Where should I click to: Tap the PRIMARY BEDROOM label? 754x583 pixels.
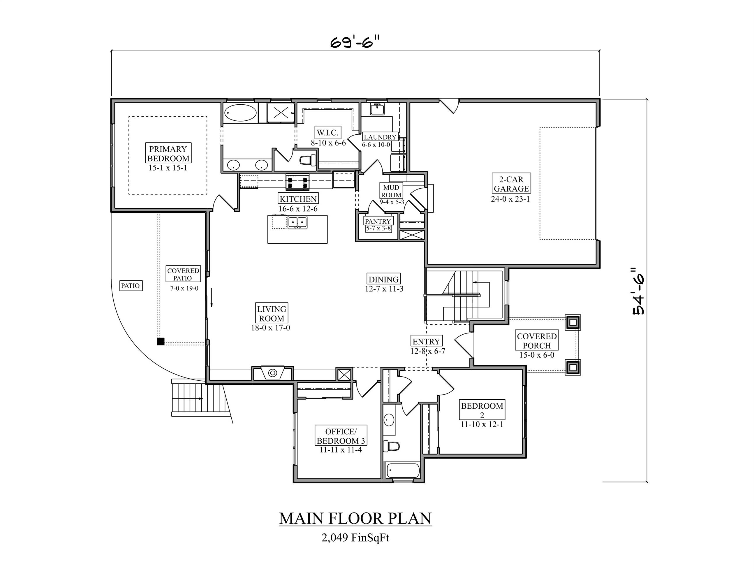coord(168,153)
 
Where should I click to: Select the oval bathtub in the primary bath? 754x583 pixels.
coord(240,113)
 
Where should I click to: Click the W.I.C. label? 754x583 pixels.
coord(328,133)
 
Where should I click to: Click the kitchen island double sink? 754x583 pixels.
coord(297,222)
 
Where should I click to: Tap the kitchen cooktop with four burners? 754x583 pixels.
coord(297,182)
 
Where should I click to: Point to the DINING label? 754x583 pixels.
coord(384,279)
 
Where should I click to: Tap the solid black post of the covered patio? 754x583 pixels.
coord(160,342)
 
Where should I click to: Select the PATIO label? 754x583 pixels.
coord(131,286)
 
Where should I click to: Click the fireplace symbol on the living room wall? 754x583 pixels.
coord(273,373)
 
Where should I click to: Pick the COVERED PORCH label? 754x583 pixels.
coord(536,340)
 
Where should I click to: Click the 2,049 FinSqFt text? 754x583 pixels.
coord(355,538)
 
